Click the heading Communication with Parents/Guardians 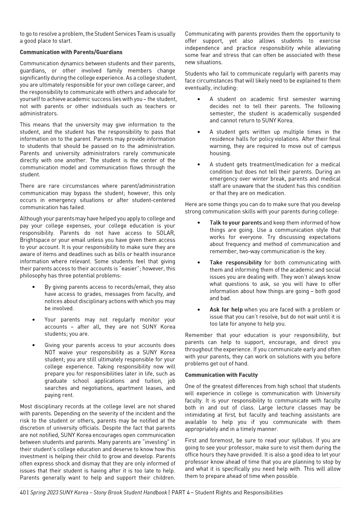71,52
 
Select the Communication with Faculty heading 221,375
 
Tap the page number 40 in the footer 23,493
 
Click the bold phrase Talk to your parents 236,223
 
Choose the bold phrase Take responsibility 235,263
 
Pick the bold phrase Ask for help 226,310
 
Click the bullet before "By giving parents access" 34,287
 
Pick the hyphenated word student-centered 154,200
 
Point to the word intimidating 200,415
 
